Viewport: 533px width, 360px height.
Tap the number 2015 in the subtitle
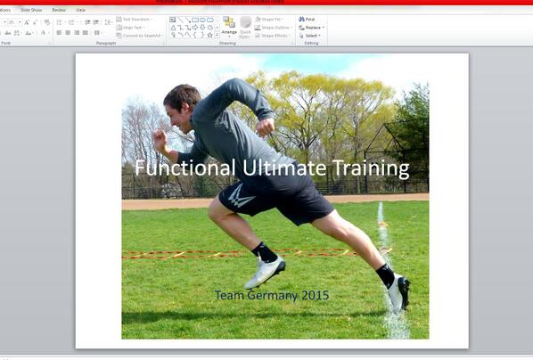(314, 295)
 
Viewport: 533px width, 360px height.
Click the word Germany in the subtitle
(269, 295)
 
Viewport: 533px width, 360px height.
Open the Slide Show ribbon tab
(31, 10)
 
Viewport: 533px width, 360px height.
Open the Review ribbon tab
(59, 10)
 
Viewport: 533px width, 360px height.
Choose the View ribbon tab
(80, 10)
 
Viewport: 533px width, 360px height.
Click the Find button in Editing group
(309, 19)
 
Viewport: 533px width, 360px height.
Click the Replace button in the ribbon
(312, 28)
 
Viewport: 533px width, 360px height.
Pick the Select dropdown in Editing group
(311, 36)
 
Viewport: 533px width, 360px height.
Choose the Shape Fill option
(271, 19)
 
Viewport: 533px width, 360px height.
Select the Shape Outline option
(274, 28)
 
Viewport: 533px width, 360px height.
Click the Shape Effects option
(274, 36)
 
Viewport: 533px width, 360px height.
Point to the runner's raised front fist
(160, 141)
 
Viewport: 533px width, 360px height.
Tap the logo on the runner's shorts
(238, 195)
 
